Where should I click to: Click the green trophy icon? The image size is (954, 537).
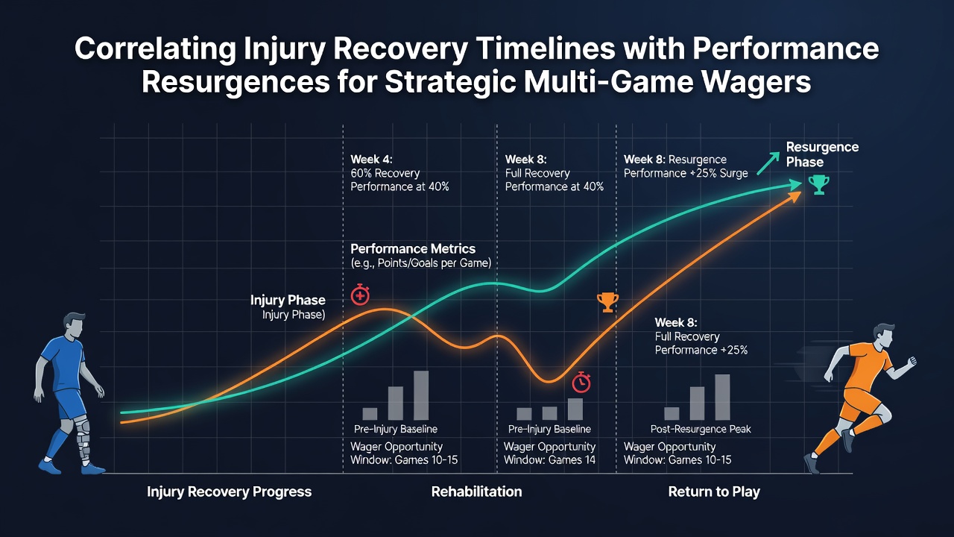[x=818, y=185]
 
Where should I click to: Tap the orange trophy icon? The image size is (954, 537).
[x=607, y=302]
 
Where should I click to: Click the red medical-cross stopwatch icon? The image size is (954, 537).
[x=360, y=295]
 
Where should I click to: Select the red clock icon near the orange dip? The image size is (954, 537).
[x=581, y=383]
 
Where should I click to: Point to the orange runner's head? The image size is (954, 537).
[x=884, y=336]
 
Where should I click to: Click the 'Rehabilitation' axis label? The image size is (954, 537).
[x=476, y=492]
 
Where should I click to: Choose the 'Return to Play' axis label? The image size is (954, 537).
[x=714, y=492]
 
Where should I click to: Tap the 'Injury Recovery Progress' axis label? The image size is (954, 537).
[x=229, y=492]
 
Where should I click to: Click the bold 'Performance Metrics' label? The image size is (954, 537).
[x=413, y=248]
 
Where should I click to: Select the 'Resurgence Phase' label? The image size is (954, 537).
[x=822, y=154]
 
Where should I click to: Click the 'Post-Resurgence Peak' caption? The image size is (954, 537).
[x=701, y=429]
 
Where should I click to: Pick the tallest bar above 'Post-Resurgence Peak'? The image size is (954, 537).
[x=722, y=398]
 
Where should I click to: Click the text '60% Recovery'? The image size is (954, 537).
[x=385, y=173]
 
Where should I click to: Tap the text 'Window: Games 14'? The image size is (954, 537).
[x=549, y=460]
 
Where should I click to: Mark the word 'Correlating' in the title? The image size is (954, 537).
[x=155, y=48]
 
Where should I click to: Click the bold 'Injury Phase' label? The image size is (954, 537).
[x=288, y=300]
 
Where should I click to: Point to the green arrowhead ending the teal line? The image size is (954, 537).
[x=795, y=185]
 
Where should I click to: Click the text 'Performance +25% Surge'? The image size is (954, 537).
[x=686, y=173]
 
